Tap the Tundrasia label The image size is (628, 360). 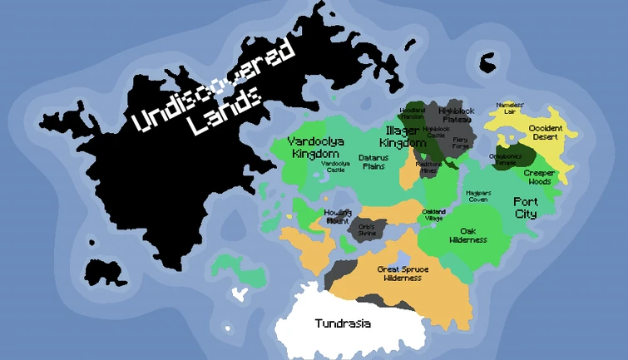point(343,323)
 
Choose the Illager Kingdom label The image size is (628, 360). point(407,137)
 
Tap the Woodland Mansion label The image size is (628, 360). point(412,113)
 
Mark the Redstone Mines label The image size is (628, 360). point(429,166)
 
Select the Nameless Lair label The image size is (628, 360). point(510,108)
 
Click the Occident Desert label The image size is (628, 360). point(546,132)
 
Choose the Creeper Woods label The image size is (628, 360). point(538,176)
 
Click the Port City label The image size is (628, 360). point(525,208)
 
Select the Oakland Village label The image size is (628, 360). point(433,215)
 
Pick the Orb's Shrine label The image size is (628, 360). point(366,229)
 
